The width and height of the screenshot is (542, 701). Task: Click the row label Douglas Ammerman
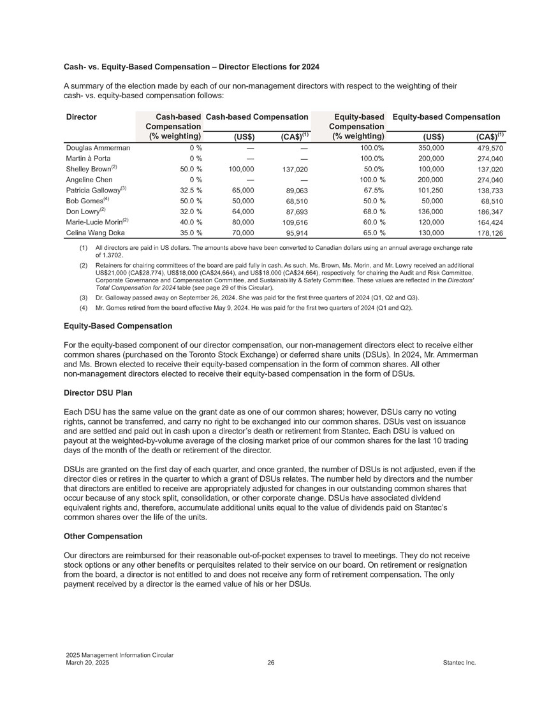click(x=98, y=148)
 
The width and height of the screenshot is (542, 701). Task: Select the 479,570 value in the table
click(x=487, y=148)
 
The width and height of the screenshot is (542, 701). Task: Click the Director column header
click(x=81, y=117)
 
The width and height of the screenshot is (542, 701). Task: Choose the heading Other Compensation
click(x=103, y=536)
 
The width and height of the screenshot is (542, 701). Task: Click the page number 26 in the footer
click(x=271, y=663)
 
